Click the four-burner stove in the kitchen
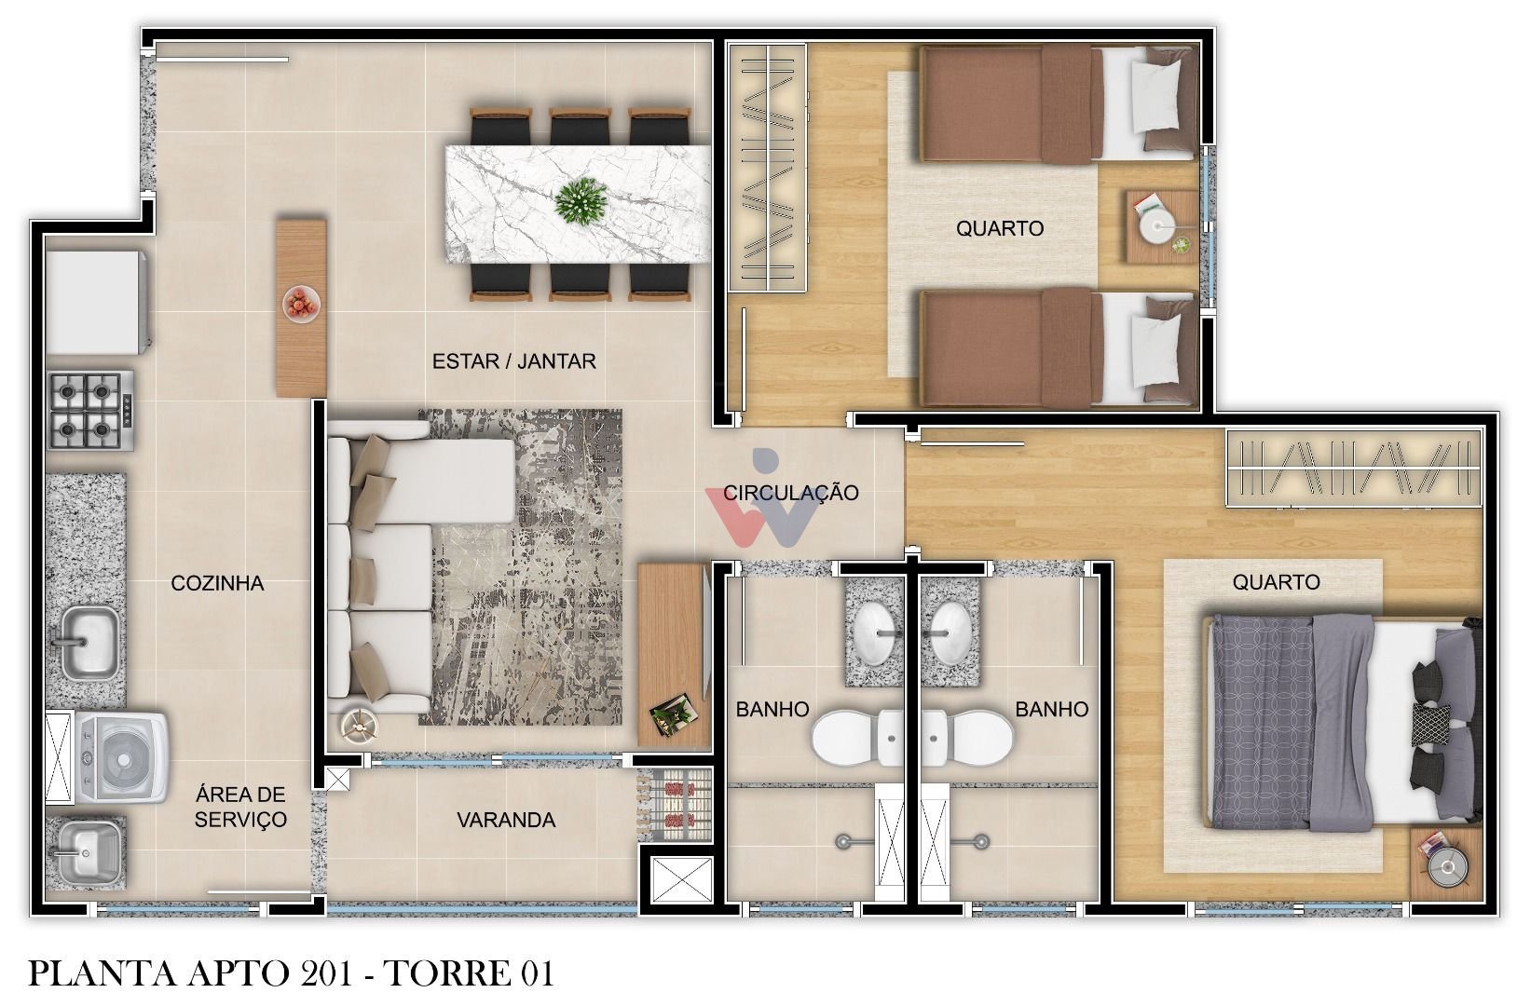coord(90,411)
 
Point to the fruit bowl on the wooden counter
coord(301,304)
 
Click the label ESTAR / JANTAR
coord(513,361)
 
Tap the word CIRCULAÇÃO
coord(790,493)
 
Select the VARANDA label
coord(505,821)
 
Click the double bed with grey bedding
coord(1342,722)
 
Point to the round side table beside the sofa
coord(359,724)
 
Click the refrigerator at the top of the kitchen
coord(93,302)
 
